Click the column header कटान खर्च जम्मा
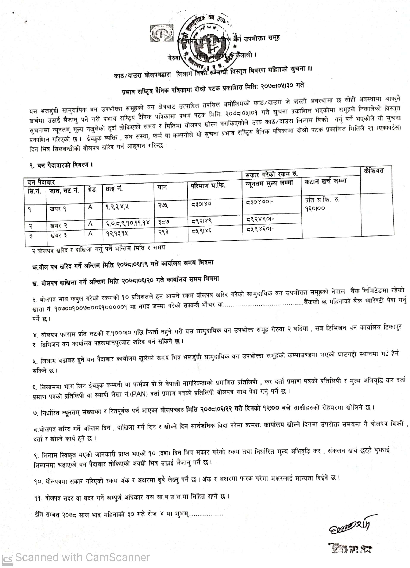click(326, 181)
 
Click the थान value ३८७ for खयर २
click(164, 222)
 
